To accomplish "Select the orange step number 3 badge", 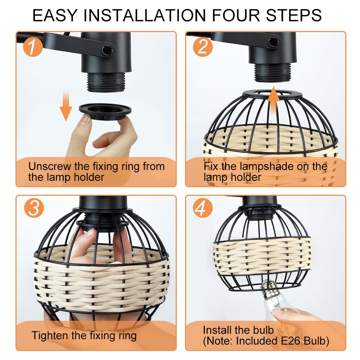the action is (x=34, y=208).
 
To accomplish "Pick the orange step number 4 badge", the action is (x=202, y=208).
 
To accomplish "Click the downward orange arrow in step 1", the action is (x=66, y=105).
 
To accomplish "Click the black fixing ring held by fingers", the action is (x=105, y=111).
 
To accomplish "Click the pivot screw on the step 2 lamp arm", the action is (x=274, y=41).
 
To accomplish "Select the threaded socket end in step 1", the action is (x=106, y=82).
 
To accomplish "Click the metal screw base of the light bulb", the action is (x=269, y=288).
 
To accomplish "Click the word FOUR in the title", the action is (x=236, y=15).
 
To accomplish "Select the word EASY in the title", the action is (x=55, y=15).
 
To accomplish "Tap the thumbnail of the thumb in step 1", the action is (x=86, y=119).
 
